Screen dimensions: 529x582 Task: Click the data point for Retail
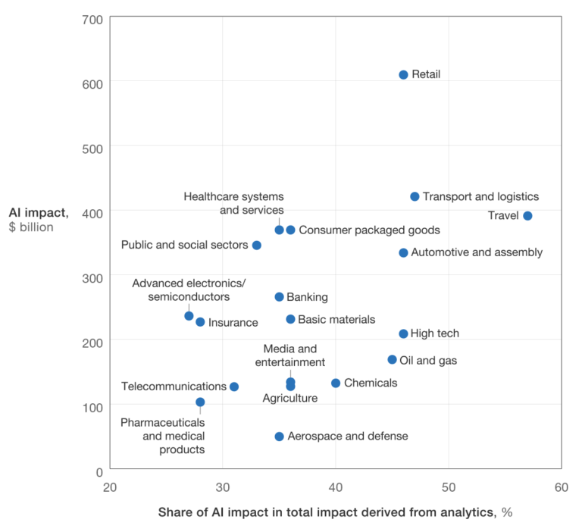pos(403,75)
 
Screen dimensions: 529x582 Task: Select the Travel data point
pos(527,216)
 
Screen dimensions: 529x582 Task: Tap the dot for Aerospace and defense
pos(279,437)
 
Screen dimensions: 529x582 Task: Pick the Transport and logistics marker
pos(415,197)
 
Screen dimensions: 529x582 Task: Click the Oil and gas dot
pos(392,360)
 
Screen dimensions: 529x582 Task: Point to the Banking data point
pos(279,297)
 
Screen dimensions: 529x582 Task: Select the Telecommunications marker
pos(234,387)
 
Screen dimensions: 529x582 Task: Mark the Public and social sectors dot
pos(257,245)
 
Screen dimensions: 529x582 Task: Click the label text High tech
pos(434,333)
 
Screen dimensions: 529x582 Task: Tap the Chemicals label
pos(370,383)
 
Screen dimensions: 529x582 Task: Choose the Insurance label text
pos(233,323)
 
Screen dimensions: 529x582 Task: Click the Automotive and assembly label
pos(476,252)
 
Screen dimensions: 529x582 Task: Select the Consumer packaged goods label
pos(368,230)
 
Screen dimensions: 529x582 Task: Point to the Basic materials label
pos(336,319)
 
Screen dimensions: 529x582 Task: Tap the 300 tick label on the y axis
pos(92,277)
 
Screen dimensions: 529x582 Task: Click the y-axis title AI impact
pos(39,212)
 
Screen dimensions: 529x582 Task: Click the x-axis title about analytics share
pos(335,512)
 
